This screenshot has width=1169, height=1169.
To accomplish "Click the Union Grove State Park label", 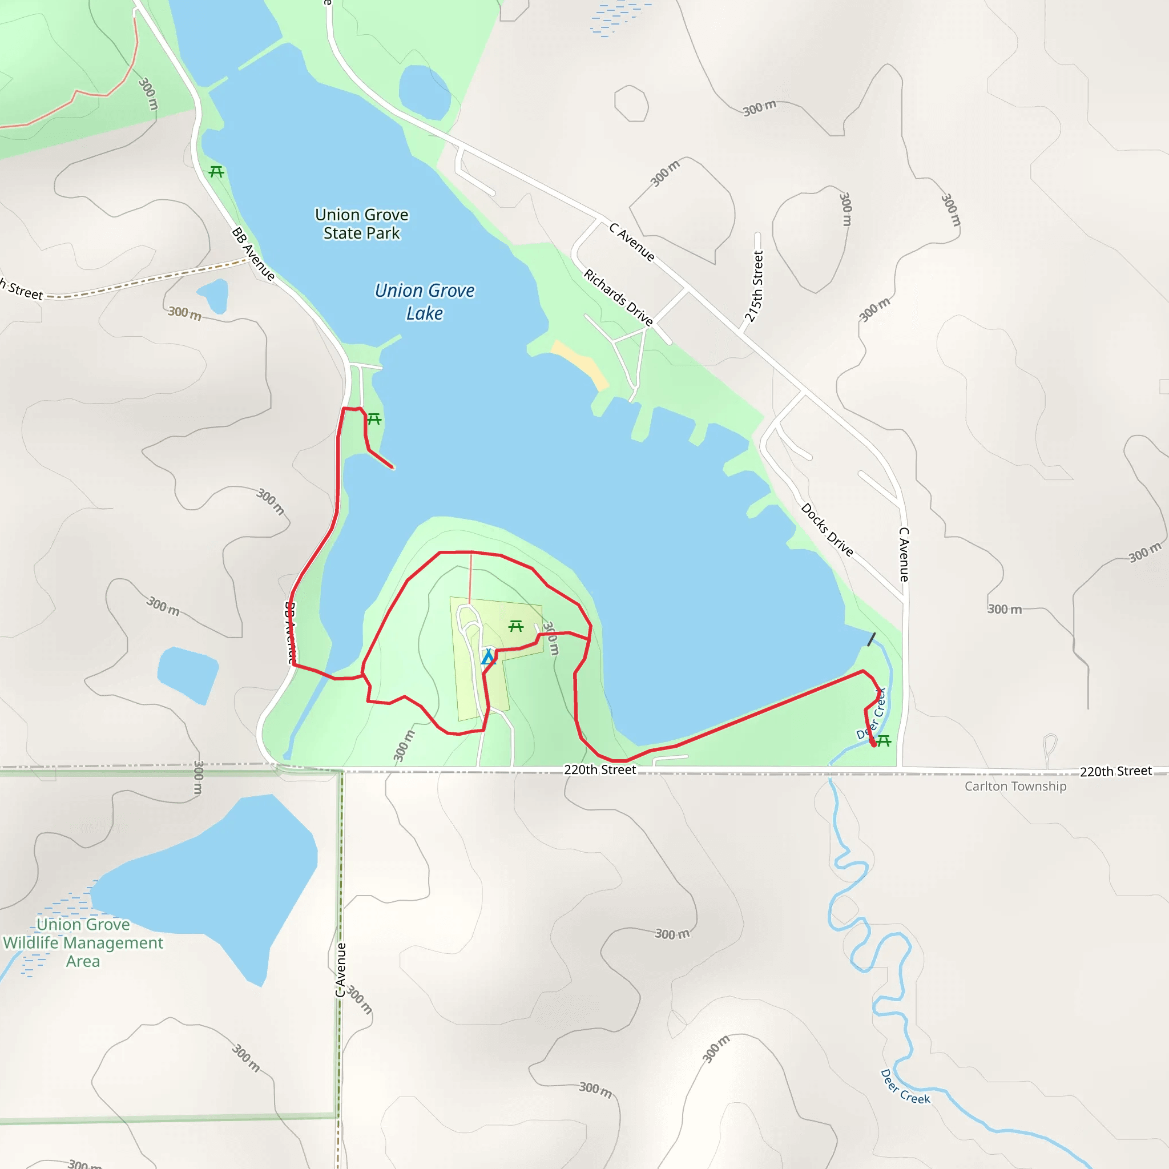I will [x=361, y=224].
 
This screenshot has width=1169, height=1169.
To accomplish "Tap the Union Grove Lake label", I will [x=424, y=301].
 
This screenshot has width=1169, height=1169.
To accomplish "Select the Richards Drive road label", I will [x=618, y=298].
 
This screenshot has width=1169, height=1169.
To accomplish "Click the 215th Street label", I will [x=754, y=286].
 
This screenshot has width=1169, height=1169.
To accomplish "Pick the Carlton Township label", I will [x=1015, y=786].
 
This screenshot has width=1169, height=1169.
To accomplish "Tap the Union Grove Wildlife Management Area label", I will [x=83, y=942].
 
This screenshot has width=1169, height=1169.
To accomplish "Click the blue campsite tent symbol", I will [x=488, y=657].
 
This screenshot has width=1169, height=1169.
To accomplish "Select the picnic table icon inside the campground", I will [x=515, y=626].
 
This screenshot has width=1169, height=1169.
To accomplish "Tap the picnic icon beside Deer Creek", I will [x=884, y=740].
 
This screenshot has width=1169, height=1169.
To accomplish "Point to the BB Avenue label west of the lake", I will [x=253, y=254].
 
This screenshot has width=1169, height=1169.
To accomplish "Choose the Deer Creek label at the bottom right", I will [x=905, y=1087].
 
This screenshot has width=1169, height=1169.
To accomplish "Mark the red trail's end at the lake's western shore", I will [x=393, y=467].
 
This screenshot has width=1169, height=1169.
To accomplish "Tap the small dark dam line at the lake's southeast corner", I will [x=871, y=639].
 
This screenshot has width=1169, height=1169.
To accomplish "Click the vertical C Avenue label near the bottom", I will [x=341, y=970].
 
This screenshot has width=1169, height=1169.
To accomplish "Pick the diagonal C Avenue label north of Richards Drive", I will [x=632, y=242].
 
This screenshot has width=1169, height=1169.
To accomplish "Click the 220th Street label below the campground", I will [x=600, y=769].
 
